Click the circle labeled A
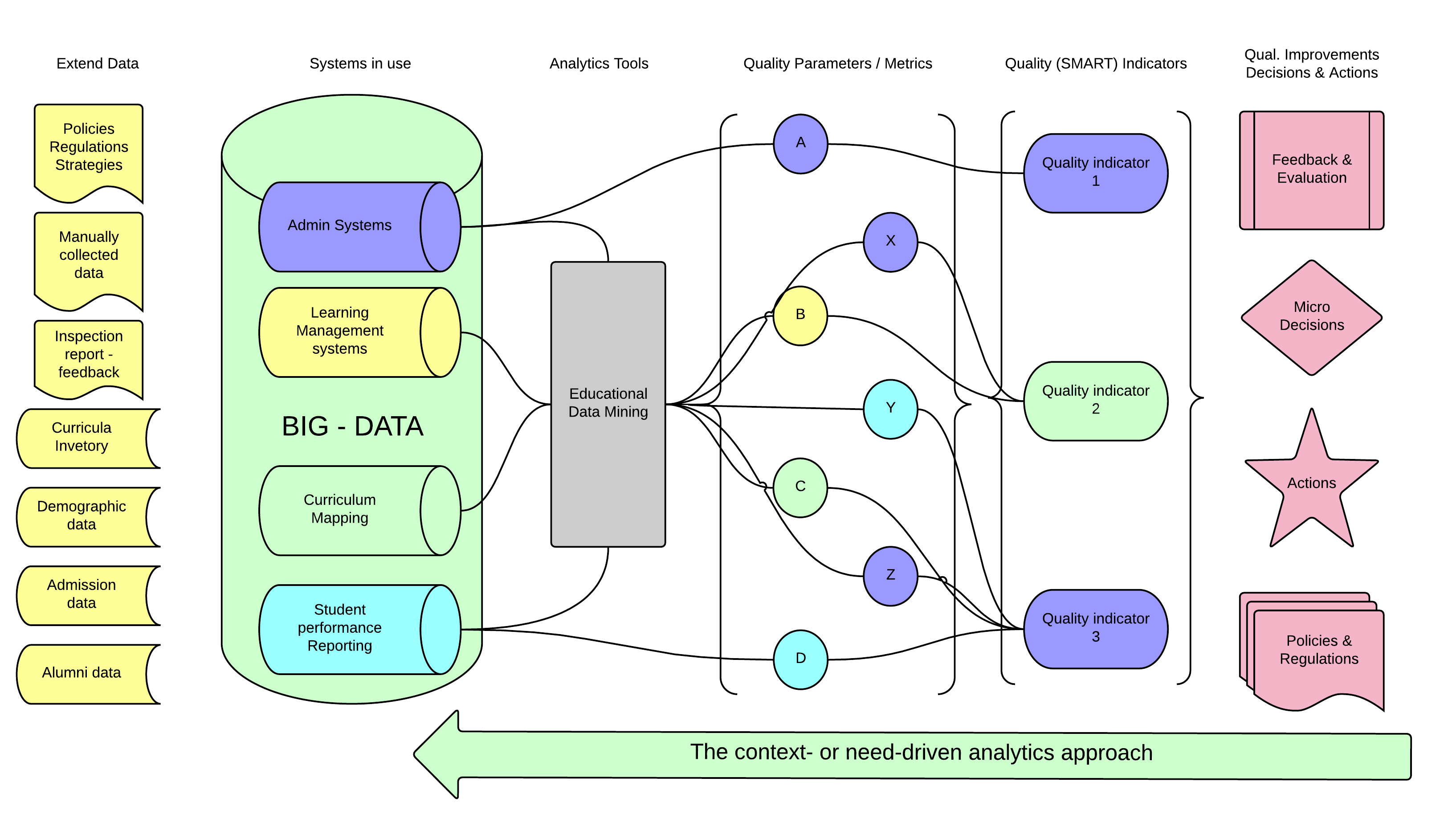[800, 144]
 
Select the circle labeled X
[890, 242]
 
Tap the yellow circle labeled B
[800, 315]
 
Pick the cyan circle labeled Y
[890, 409]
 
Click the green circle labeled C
[800, 487]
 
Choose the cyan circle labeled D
[800, 659]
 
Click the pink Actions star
[1311, 484]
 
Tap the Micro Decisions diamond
[1311, 317]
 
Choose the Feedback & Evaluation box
[1311, 170]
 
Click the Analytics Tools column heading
[598, 64]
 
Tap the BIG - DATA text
[352, 426]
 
